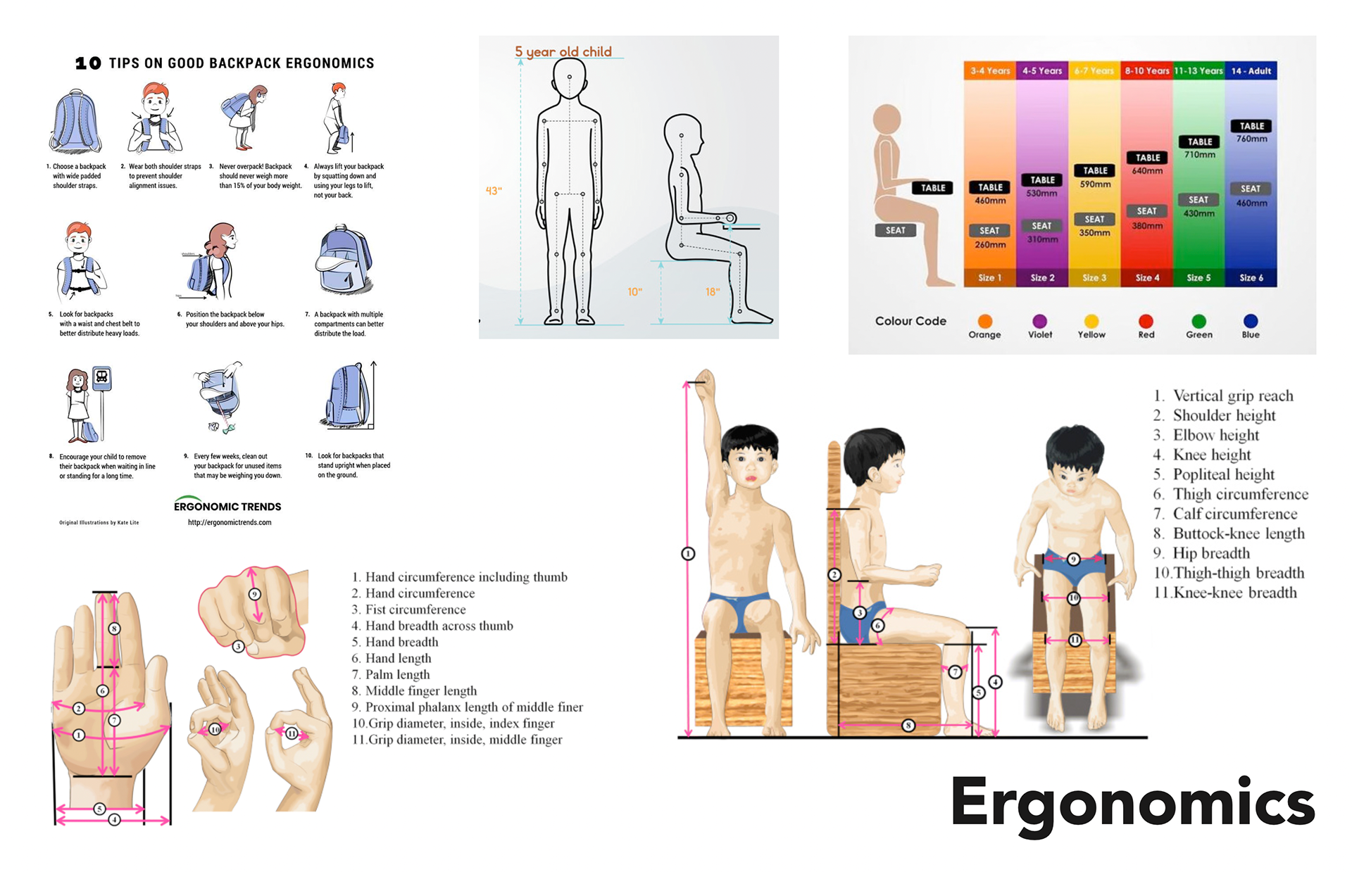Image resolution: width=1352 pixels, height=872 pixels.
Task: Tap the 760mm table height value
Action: click(x=1251, y=139)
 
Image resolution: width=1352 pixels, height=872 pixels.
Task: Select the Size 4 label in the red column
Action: click(x=1147, y=278)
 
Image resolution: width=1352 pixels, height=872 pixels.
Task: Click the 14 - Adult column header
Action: click(x=1251, y=71)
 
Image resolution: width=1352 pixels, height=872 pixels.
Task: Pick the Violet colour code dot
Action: click(x=1039, y=322)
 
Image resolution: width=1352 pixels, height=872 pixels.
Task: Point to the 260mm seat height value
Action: click(x=989, y=245)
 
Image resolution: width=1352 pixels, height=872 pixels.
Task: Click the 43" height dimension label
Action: click(x=494, y=191)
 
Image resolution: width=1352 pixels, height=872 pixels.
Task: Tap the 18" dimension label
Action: click(x=713, y=291)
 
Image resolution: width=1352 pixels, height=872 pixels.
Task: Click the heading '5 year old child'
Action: click(x=563, y=52)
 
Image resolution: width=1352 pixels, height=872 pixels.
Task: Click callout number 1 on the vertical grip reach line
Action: click(x=688, y=554)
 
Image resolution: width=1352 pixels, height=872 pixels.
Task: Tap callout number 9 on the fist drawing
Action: click(x=255, y=594)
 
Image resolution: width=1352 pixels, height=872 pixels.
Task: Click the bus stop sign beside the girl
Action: click(x=102, y=378)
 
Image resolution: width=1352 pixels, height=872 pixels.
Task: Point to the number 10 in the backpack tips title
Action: click(x=88, y=63)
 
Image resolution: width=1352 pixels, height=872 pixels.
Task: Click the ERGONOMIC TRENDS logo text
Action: click(x=227, y=507)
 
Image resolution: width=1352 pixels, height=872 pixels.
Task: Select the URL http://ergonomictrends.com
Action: click(x=230, y=522)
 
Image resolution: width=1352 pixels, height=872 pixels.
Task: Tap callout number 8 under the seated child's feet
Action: click(x=908, y=725)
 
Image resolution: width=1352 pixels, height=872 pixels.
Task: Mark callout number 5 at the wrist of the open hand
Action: click(x=99, y=809)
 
